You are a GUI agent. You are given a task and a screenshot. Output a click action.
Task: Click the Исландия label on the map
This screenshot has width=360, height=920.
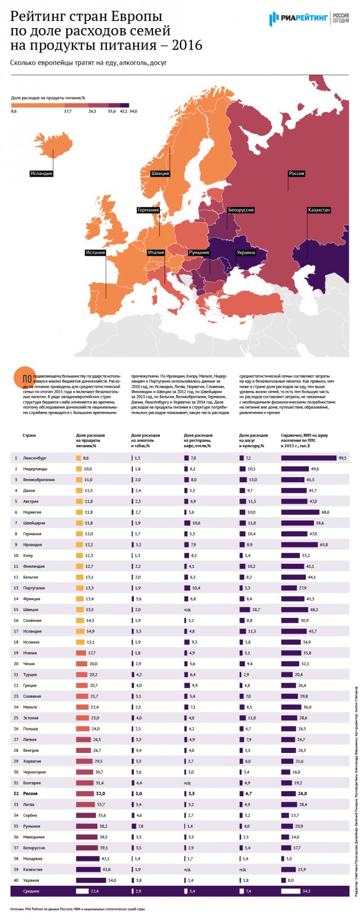[x=42, y=173]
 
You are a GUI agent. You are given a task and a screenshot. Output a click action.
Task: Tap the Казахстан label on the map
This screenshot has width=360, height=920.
[x=318, y=210]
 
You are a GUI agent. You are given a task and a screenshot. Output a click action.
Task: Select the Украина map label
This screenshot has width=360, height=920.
[x=246, y=253]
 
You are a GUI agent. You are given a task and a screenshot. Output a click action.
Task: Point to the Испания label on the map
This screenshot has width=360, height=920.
[x=96, y=253]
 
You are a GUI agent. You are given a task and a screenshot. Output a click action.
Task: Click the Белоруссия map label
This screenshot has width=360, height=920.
[x=241, y=210]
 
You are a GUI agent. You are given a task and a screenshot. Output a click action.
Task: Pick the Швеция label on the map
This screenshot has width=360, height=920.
[x=160, y=173]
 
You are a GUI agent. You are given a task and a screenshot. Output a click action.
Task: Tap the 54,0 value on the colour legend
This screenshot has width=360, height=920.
[x=133, y=111]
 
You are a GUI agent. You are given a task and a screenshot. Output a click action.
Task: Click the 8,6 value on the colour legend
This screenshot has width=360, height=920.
[x=14, y=111]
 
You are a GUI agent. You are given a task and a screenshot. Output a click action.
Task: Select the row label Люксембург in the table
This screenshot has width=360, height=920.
[x=35, y=458]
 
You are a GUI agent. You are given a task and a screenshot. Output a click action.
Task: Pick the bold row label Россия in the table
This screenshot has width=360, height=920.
[x=30, y=793]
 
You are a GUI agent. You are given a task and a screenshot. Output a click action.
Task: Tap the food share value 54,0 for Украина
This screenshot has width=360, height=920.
[x=112, y=880]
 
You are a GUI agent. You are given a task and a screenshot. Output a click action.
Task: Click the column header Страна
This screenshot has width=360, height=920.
[x=29, y=436]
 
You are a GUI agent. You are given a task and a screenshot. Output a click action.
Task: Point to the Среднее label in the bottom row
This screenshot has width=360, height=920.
[x=31, y=891]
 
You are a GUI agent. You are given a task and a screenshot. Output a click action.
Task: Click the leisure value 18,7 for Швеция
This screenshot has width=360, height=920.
[x=256, y=609]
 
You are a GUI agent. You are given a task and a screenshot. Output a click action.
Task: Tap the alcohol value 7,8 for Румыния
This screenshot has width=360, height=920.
[x=141, y=826]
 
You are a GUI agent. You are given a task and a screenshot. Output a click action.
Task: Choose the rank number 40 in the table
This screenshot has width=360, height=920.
[x=16, y=880]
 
